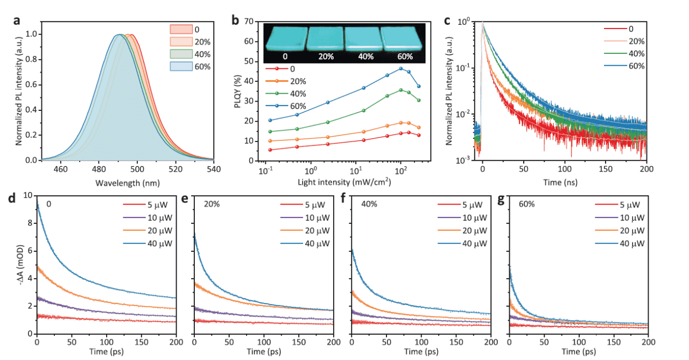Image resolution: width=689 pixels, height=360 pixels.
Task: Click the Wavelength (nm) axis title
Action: coord(128,183)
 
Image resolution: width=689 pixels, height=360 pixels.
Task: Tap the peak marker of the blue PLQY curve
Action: coord(400,69)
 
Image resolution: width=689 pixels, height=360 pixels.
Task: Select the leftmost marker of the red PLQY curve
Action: coord(270,150)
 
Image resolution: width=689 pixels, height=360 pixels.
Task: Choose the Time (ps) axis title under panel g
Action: coord(578,352)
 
